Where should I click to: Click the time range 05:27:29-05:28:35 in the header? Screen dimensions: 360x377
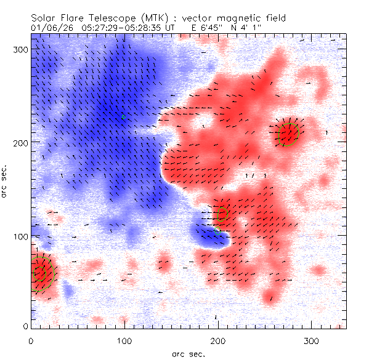tap(128, 28)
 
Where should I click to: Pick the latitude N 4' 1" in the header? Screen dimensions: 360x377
tap(246, 28)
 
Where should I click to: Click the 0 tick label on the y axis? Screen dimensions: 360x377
tap(25, 326)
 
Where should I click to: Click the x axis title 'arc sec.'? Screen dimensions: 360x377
tap(188, 353)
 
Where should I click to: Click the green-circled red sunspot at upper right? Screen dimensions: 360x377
tap(288, 133)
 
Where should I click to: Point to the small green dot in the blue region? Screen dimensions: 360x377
tap(123, 116)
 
